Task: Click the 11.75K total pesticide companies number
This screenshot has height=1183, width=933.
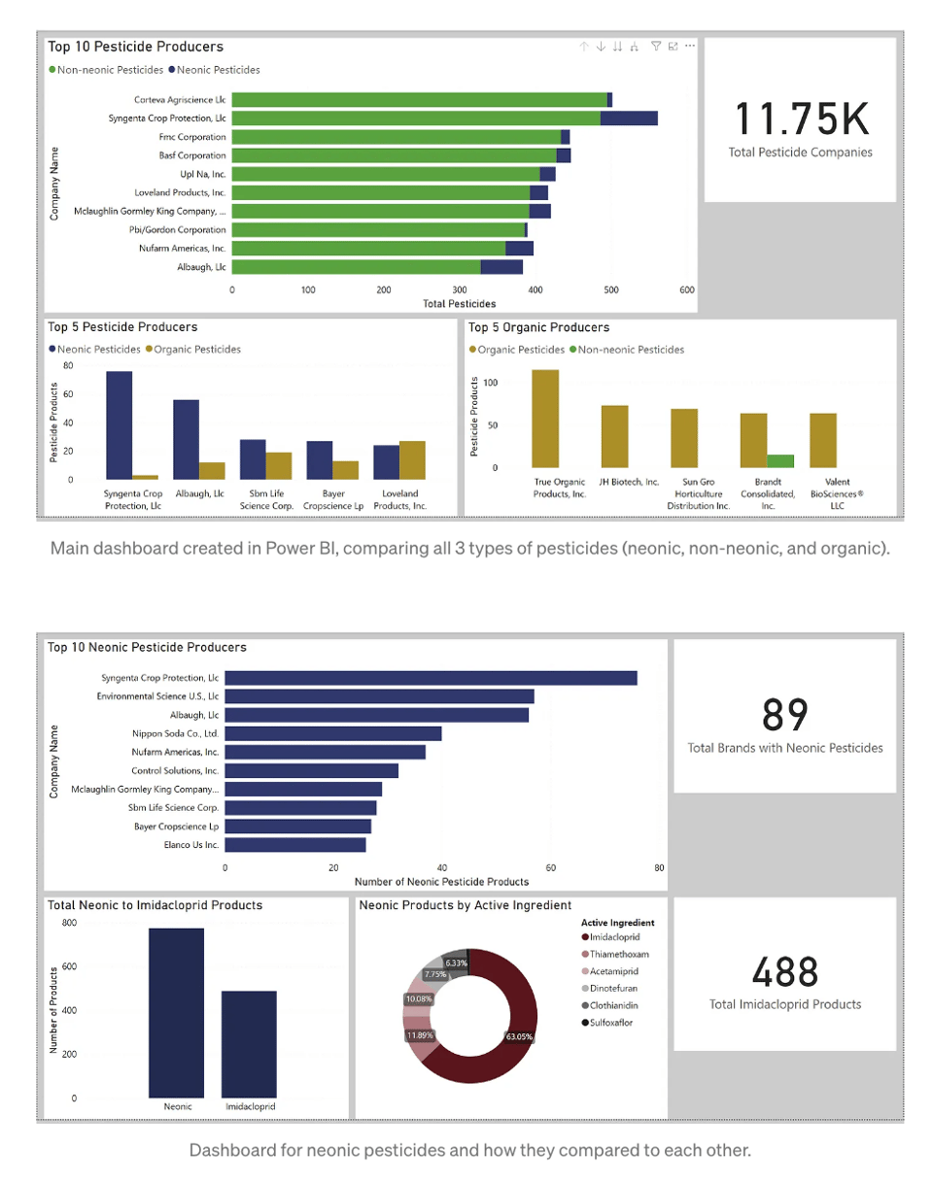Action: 799,118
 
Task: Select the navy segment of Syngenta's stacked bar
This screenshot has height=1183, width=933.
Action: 628,118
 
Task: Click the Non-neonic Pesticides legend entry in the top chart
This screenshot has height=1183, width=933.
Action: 106,69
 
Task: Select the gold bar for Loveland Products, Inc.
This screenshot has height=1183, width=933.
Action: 413,459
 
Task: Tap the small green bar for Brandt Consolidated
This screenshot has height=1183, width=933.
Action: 780,461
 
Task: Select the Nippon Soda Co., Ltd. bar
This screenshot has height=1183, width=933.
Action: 333,733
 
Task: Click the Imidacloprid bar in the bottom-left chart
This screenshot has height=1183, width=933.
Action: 249,1044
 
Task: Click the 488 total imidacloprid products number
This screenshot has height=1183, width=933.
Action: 784,972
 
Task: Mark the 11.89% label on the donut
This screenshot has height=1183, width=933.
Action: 419,1035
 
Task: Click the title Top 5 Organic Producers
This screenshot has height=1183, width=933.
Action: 538,327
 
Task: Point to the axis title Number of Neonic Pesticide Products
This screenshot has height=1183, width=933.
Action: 441,882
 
